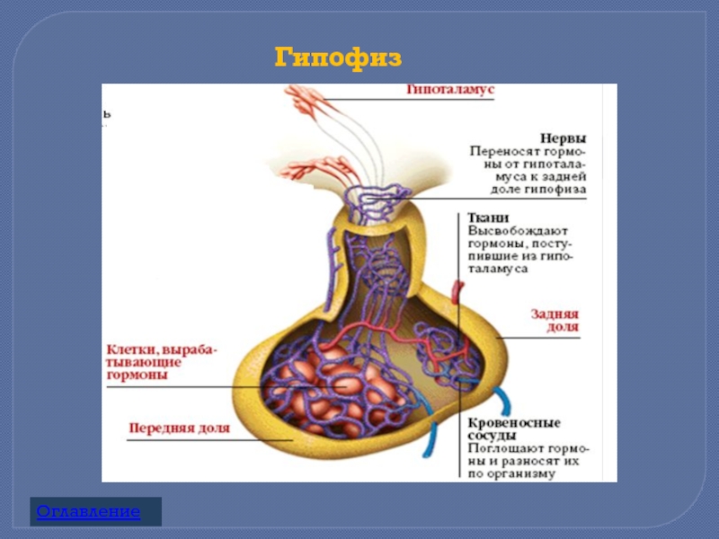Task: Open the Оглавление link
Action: (x=88, y=512)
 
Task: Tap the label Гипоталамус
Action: (x=450, y=92)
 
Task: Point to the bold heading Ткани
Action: (x=489, y=218)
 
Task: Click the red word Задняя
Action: (x=555, y=314)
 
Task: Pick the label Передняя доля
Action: (x=179, y=429)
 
